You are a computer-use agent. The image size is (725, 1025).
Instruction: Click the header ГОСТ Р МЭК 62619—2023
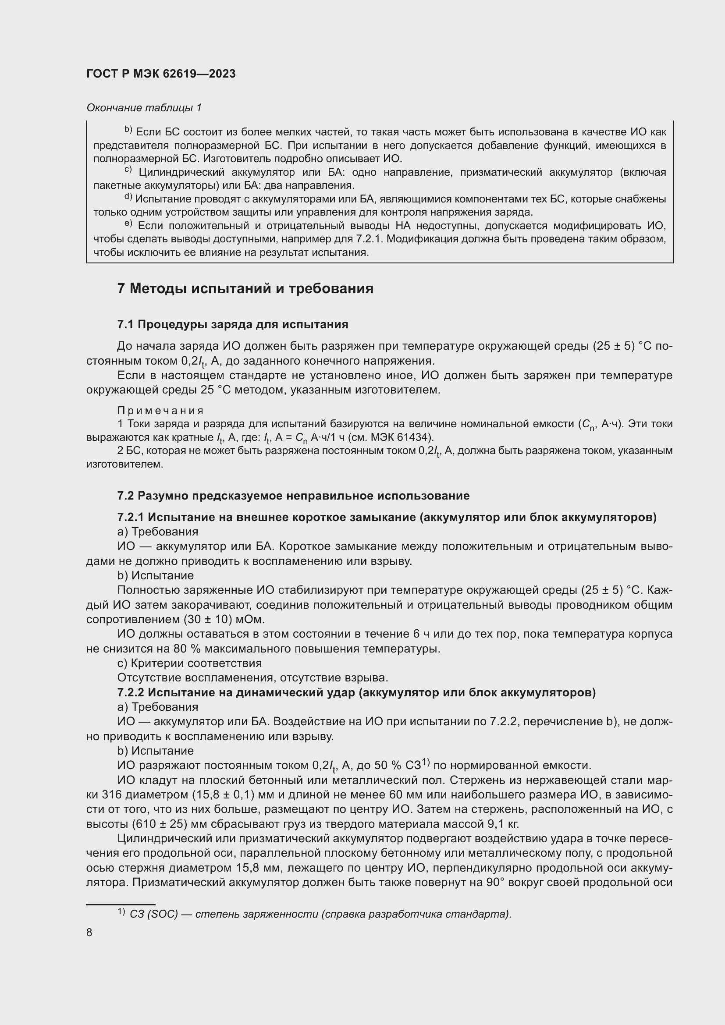point(161,74)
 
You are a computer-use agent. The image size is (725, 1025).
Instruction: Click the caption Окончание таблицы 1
point(144,108)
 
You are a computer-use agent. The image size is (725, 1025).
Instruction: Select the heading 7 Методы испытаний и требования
point(245,289)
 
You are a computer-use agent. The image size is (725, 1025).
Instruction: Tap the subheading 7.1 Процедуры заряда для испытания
point(233,325)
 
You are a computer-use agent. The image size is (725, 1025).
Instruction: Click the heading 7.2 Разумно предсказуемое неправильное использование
point(293,496)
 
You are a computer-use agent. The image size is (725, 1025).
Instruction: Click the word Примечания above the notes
point(160,410)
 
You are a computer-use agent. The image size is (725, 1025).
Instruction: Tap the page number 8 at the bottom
point(89,933)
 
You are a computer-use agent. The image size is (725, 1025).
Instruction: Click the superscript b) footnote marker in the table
point(128,130)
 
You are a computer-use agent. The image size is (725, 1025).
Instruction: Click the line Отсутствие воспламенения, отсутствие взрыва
point(252,677)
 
